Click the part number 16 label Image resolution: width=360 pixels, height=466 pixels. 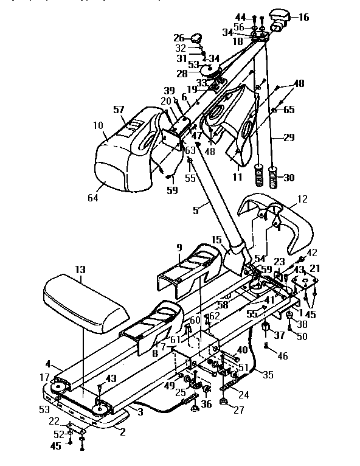click(x=303, y=17)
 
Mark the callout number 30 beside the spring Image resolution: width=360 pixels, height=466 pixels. click(x=289, y=178)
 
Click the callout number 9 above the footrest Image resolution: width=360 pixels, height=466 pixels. click(x=179, y=248)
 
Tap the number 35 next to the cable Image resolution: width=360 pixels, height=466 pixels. click(x=268, y=376)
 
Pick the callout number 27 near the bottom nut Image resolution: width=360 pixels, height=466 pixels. click(x=238, y=411)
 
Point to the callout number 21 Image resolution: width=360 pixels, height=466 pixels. click(x=314, y=268)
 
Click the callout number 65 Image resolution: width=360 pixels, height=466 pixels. click(x=289, y=111)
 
